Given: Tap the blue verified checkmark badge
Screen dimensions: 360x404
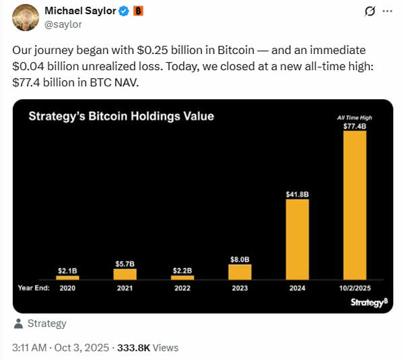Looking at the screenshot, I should coord(124,11).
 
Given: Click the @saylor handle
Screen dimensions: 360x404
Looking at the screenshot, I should coord(65,25).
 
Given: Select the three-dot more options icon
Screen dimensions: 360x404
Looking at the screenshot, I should coord(386,11).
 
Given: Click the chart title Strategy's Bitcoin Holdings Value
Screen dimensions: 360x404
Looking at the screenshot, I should coord(121,116).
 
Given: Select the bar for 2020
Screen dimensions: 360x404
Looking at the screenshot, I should coord(68,277).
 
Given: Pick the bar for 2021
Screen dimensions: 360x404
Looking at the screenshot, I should coord(125,274).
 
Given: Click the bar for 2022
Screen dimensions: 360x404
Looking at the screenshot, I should coord(182,276).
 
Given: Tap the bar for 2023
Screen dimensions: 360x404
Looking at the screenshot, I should coord(240,272).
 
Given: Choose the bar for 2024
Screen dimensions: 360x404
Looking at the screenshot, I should coord(297,239).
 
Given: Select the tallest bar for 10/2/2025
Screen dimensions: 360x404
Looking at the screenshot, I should coord(354,205).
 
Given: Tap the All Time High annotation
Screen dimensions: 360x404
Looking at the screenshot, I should coord(354,117).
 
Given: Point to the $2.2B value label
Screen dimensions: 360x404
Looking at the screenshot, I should coord(182,270).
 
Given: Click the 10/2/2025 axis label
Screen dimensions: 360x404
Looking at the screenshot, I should coord(354,287).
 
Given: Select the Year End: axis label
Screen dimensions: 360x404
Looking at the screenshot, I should coord(34,287).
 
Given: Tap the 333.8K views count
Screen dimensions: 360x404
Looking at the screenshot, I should coord(147,348).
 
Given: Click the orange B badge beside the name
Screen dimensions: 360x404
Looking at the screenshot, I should coord(138,11).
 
